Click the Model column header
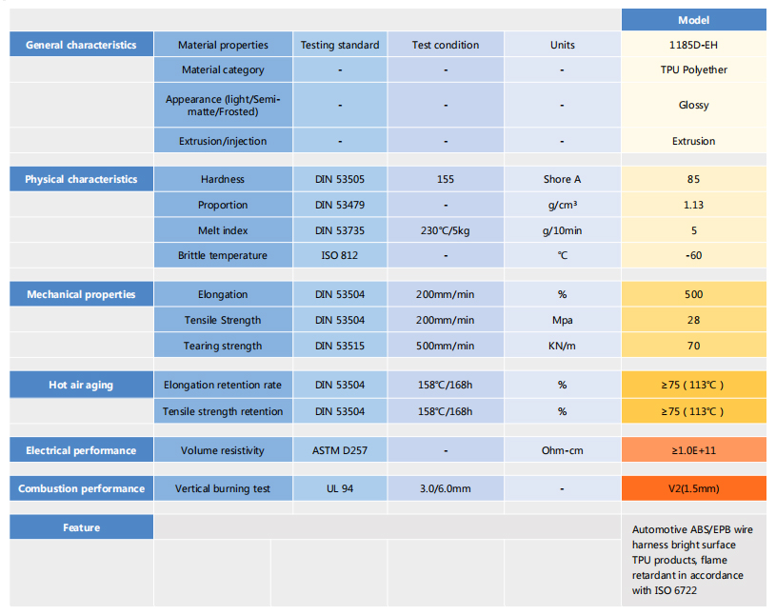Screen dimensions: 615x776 (x=693, y=20)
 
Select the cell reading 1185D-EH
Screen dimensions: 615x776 (x=693, y=45)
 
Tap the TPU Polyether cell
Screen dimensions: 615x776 (x=693, y=69)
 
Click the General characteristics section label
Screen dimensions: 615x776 (x=81, y=45)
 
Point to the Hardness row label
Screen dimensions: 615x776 (x=223, y=179)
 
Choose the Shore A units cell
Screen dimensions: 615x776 (x=562, y=179)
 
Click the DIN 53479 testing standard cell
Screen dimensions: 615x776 (x=340, y=205)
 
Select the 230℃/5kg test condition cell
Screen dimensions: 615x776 (x=445, y=230)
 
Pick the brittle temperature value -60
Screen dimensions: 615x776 (x=693, y=255)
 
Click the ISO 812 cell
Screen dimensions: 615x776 (x=340, y=255)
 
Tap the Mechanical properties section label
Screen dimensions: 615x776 (x=81, y=294)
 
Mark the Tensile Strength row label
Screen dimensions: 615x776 (x=223, y=320)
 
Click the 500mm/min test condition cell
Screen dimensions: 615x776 (x=445, y=346)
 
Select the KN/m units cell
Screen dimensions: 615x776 (x=562, y=346)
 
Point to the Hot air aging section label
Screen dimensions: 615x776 (x=81, y=385)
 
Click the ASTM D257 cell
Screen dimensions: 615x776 (x=340, y=450)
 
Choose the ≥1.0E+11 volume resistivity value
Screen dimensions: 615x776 (x=693, y=450)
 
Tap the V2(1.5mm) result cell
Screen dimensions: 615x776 (x=693, y=488)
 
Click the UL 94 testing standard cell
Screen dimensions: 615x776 (x=340, y=488)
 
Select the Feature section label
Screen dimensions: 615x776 (x=81, y=527)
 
